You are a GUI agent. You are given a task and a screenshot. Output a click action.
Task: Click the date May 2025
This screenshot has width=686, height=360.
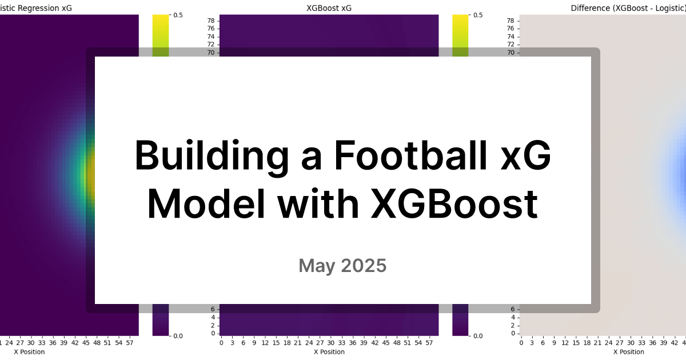click(342, 266)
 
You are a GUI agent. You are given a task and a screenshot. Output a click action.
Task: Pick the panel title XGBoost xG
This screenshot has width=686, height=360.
click(329, 8)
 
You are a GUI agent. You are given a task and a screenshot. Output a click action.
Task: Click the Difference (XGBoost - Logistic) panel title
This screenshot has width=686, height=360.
click(628, 8)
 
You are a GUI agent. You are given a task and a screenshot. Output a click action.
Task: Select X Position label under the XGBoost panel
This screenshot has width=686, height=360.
click(329, 352)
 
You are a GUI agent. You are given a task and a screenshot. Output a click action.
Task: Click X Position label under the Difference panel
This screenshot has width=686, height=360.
click(628, 352)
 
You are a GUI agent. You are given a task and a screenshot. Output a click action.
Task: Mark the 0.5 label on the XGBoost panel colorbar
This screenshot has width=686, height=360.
click(477, 15)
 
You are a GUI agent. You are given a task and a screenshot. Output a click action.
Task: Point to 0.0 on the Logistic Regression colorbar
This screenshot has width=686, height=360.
click(178, 336)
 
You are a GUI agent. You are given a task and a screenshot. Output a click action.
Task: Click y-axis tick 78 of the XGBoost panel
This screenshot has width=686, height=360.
click(211, 21)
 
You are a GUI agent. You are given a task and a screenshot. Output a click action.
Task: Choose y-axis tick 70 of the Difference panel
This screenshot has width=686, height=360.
click(511, 53)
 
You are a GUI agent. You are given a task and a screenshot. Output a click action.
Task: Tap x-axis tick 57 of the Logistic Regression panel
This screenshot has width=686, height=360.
click(130, 343)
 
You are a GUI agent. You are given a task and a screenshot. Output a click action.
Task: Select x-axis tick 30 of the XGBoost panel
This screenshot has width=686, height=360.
click(330, 343)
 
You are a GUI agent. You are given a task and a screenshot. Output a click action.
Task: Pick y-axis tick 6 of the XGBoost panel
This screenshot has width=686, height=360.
click(213, 309)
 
